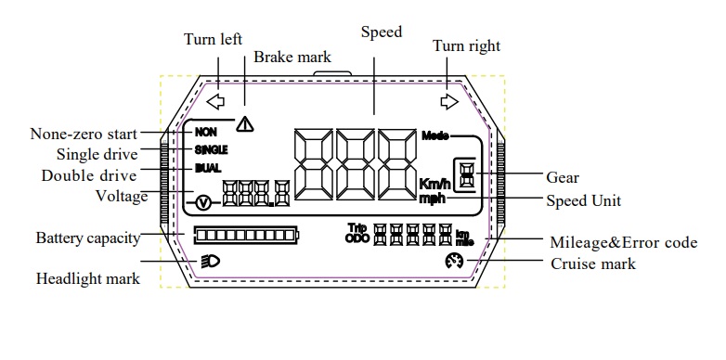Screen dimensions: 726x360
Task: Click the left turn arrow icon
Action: coord(215,101)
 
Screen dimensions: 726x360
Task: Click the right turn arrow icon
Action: coord(449,101)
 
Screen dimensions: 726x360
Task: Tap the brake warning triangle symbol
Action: coord(244,124)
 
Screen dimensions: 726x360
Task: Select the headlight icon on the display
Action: coord(211,262)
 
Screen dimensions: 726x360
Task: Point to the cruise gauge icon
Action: coord(454,262)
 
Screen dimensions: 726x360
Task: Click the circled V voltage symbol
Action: coord(203,202)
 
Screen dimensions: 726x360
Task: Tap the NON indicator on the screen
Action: coord(205,133)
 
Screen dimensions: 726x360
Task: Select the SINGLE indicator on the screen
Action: coord(211,150)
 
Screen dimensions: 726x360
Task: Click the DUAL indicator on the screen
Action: coord(208,168)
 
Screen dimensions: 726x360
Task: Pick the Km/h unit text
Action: coord(434,184)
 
